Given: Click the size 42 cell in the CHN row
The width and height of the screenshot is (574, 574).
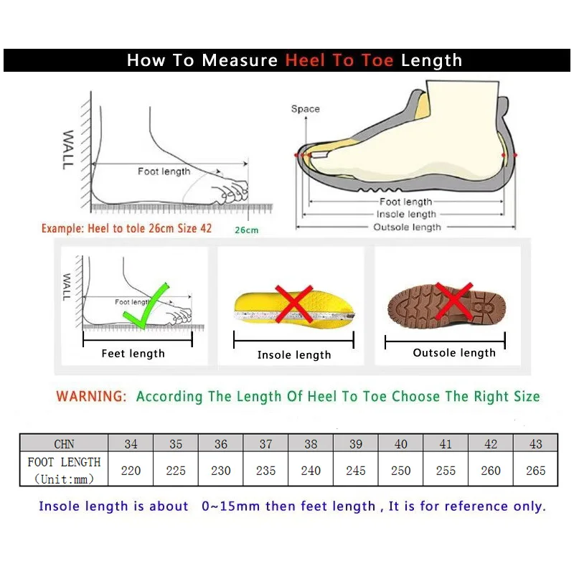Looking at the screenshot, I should pos(491,444).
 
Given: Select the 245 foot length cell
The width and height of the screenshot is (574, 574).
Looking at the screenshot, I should pos(356,471).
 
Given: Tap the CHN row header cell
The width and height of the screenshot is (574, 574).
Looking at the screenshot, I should pos(64,444).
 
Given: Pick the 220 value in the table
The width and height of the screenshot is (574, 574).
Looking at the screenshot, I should pos(131,471).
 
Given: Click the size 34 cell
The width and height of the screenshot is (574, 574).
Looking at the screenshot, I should pos(131,444).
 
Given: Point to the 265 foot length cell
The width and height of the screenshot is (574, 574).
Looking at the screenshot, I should pos(535,471).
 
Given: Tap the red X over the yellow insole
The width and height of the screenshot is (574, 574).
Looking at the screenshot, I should pos(293,304).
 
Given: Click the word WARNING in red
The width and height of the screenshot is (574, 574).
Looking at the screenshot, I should pos(91,396).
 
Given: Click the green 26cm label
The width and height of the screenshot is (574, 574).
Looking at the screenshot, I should pos(246,230).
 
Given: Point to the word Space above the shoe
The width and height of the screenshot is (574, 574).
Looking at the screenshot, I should pos(305,109).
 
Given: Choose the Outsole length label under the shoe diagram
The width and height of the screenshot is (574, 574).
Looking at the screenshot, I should pos(407,227).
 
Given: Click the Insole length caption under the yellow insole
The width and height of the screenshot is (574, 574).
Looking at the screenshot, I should pos(294,355).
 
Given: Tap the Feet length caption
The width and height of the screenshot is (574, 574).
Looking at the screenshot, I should pos(133,354).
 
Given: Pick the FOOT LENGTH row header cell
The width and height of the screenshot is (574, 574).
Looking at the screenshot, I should pos(64,470).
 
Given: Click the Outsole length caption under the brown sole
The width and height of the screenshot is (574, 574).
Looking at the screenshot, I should pos(454,353).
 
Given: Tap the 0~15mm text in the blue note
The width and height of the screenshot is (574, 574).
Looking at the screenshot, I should pos(231,507).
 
